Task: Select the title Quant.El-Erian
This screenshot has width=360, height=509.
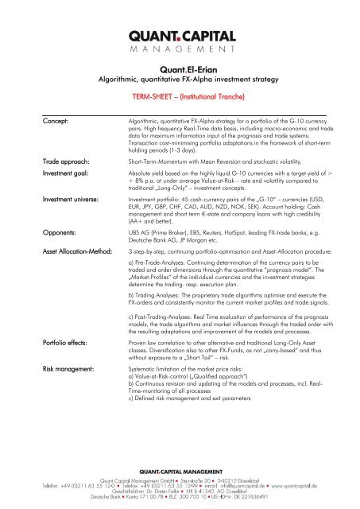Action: tap(179, 69)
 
